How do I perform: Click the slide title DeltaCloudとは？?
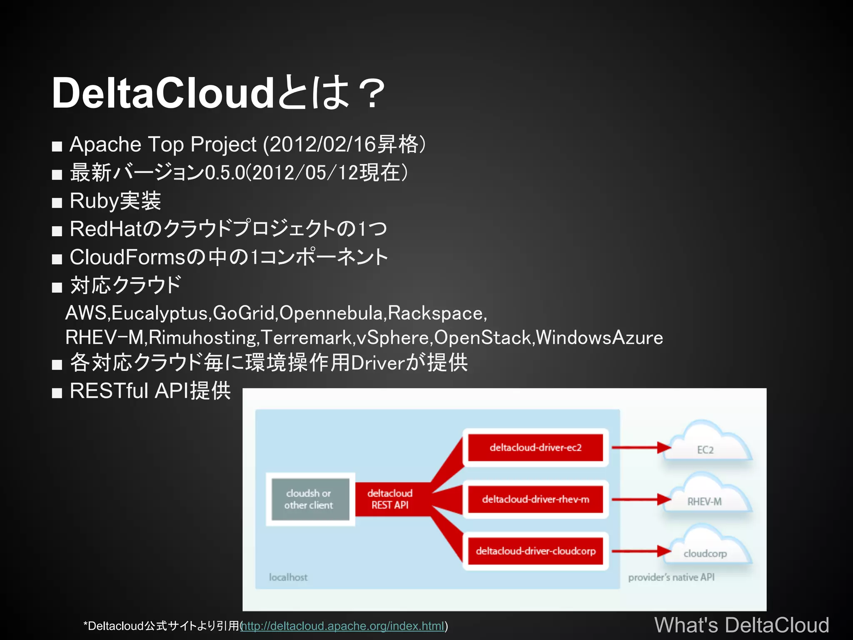[x=219, y=93]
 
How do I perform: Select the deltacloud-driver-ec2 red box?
[x=535, y=448]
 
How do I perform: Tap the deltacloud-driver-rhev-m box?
[x=535, y=499]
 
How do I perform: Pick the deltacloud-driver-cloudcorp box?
[x=535, y=551]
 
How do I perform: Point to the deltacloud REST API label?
[x=390, y=499]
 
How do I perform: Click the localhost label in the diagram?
[x=288, y=577]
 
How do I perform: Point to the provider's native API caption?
[x=671, y=577]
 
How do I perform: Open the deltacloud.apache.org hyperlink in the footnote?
[x=343, y=626]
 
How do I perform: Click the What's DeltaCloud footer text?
[x=741, y=625]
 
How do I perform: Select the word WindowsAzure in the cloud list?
[x=599, y=337]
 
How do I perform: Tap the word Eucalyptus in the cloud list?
[x=161, y=313]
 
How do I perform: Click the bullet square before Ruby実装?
[x=57, y=203]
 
